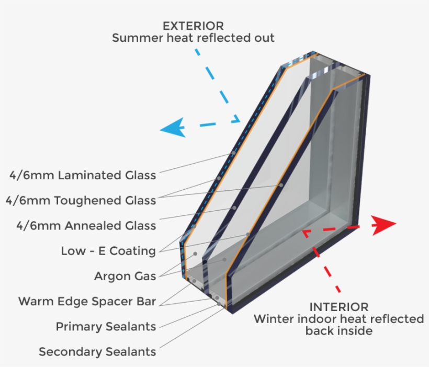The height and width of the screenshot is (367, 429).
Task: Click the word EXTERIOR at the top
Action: (193, 26)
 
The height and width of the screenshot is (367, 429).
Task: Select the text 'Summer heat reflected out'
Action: (193, 38)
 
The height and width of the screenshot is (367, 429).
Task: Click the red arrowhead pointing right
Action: (384, 223)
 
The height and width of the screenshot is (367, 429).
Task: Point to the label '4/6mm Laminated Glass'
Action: (83, 175)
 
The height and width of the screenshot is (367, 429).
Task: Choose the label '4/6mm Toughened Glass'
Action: (81, 200)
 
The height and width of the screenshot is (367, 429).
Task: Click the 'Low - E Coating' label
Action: (108, 251)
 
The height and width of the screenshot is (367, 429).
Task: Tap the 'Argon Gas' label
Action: (125, 276)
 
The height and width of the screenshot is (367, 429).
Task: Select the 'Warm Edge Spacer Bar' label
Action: (87, 302)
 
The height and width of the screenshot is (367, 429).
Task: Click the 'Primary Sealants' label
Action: (106, 327)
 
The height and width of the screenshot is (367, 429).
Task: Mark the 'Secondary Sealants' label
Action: (97, 352)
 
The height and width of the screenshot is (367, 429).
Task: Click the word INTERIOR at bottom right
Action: (338, 307)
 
